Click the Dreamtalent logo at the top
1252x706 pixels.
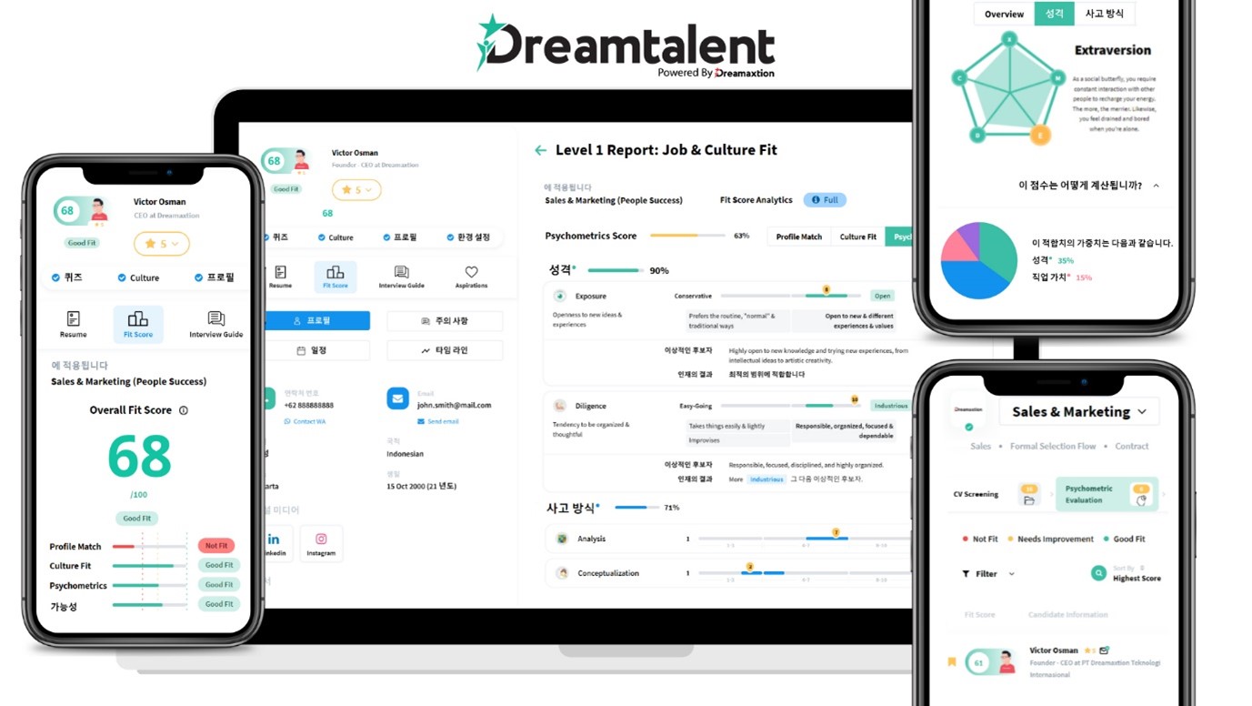[x=626, y=45]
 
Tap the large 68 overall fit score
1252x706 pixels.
[x=139, y=456]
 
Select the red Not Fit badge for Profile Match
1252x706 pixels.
[x=216, y=546]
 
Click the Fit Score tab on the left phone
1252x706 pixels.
[x=138, y=324]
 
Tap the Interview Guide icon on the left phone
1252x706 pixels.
[x=215, y=324]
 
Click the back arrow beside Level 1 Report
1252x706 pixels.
[x=541, y=150]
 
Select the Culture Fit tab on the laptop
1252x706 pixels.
[x=857, y=237]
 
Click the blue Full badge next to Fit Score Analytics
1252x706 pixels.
[x=825, y=200]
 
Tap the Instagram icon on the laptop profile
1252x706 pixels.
[x=321, y=543]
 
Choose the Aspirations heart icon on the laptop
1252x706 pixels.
[x=471, y=277]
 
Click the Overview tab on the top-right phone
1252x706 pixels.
[x=1004, y=15]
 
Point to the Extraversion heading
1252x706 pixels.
[x=1112, y=51]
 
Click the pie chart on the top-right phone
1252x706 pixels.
[x=979, y=260]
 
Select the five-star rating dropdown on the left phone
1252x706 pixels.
[x=162, y=244]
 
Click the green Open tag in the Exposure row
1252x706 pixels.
[x=882, y=296]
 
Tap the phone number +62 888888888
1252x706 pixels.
[x=309, y=405]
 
